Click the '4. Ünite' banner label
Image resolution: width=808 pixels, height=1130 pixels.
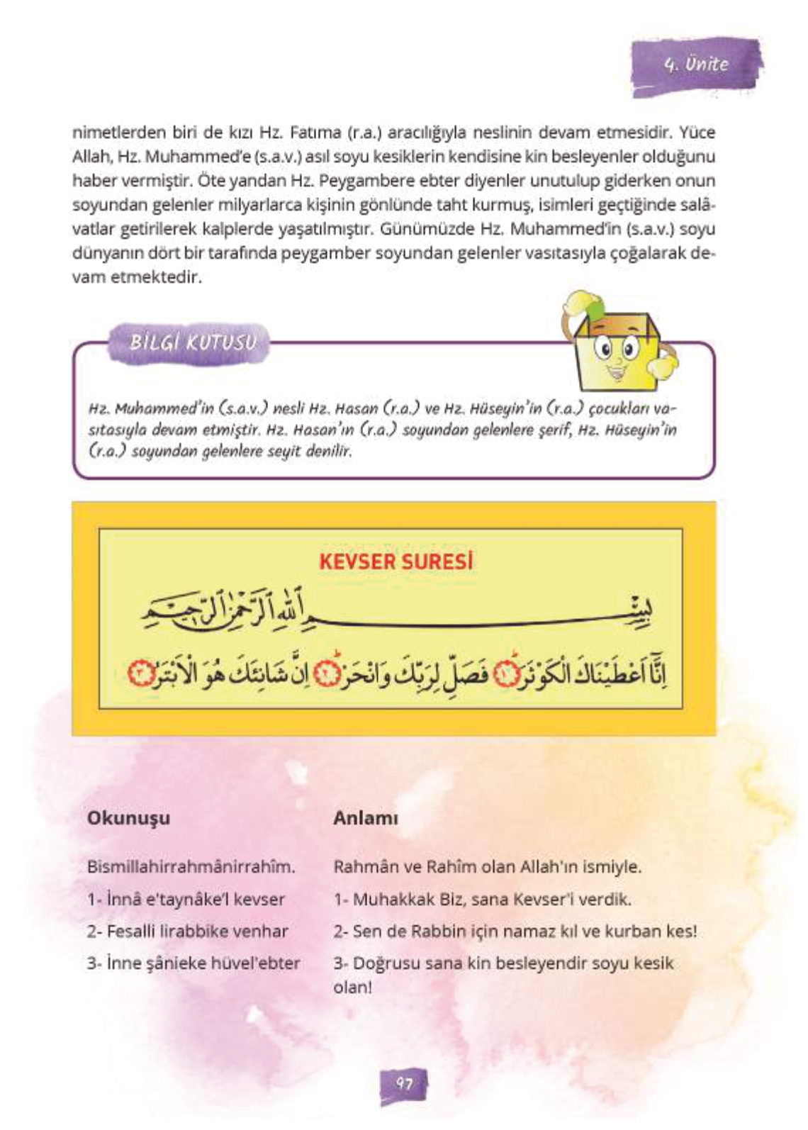point(696,65)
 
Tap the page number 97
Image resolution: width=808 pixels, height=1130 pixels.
point(404,1083)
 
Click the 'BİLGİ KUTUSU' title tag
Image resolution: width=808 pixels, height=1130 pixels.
point(192,343)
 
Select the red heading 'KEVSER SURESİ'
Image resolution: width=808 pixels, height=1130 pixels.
point(395,562)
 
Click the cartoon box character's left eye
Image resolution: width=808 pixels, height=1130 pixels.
point(605,349)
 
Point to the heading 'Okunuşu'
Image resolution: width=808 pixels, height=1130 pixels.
point(128,818)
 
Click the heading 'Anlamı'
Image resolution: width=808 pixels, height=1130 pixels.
point(366,818)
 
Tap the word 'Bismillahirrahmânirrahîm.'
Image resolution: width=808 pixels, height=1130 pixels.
point(191,867)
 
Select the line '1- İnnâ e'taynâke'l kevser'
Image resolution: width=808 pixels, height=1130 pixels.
point(186,900)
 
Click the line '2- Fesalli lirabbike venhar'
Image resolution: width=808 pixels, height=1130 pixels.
point(188,932)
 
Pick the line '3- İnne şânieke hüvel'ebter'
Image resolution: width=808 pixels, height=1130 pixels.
point(193,963)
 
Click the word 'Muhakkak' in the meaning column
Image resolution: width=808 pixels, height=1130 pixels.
point(393,900)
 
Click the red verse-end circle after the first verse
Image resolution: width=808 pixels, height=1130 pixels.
point(507,674)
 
